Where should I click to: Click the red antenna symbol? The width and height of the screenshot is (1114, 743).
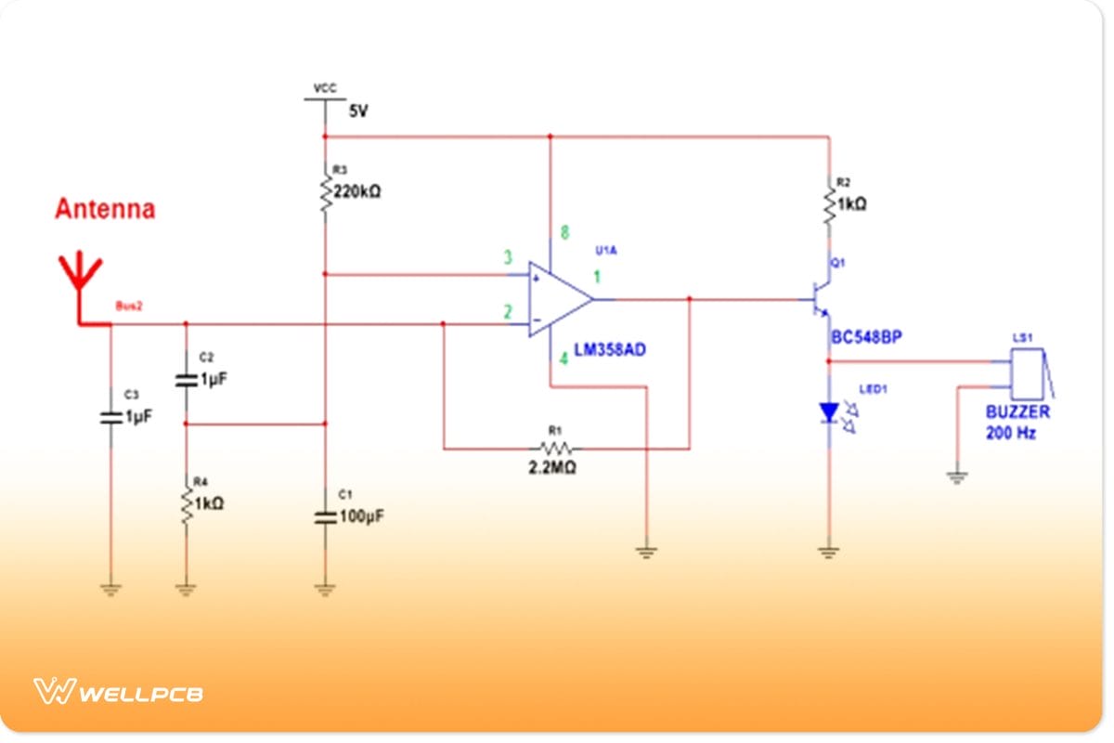(81, 279)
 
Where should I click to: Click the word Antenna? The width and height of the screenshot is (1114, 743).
(105, 209)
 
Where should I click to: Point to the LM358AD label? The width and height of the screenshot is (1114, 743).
(610, 350)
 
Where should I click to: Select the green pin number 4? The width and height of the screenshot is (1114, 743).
(563, 358)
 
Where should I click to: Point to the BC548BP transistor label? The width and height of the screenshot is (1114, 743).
(865, 338)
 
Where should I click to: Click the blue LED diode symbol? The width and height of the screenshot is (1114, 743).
(827, 411)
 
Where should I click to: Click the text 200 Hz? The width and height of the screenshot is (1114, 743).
(1010, 433)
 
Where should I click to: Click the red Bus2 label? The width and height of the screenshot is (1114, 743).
(128, 306)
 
